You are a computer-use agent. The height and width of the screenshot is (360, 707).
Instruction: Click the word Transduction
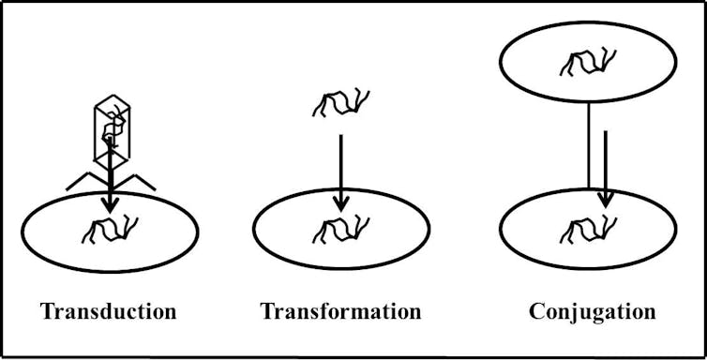108,310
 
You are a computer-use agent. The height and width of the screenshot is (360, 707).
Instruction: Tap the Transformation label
340,310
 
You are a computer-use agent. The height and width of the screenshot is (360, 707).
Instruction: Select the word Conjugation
592,310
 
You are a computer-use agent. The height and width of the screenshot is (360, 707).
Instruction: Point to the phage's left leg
83,181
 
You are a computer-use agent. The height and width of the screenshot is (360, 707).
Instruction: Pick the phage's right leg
140,181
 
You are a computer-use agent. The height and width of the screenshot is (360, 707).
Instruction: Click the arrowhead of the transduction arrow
111,202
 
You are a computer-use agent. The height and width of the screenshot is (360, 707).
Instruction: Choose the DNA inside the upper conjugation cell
587,62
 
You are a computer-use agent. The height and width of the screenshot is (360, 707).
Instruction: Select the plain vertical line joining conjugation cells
588,145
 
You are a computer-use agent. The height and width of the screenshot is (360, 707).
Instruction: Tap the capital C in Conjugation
537,310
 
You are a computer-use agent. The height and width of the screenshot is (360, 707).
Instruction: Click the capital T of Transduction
48,310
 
